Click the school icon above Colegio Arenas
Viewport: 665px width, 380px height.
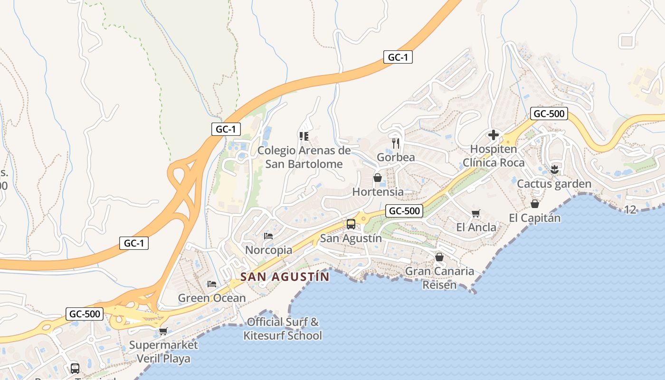tap(304, 136)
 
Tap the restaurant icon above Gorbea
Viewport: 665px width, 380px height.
tap(396, 143)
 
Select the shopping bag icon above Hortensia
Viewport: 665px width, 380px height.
tap(378, 178)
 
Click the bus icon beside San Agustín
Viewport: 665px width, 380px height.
tap(351, 224)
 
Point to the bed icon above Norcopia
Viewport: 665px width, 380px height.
tap(268, 236)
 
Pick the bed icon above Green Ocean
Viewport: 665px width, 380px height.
tap(212, 284)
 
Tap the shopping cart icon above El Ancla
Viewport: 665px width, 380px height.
tap(476, 214)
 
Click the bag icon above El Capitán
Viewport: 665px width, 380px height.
tap(535, 204)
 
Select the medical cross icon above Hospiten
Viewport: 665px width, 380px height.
tap(494, 135)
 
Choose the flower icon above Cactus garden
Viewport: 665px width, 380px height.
tap(554, 170)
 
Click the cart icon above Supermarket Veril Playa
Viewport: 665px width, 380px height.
tap(163, 331)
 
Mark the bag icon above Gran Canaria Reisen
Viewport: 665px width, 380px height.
tap(439, 257)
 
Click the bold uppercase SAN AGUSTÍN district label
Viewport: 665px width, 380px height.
tap(285, 277)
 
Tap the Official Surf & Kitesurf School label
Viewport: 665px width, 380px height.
tap(283, 329)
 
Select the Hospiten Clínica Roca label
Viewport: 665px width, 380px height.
tap(494, 156)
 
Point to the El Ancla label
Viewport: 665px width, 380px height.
tap(476, 227)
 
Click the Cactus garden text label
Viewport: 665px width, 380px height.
tap(554, 184)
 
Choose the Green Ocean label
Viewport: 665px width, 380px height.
tap(212, 298)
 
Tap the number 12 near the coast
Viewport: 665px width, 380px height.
tap(630, 209)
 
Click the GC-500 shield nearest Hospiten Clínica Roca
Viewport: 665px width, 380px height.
tap(549, 114)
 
